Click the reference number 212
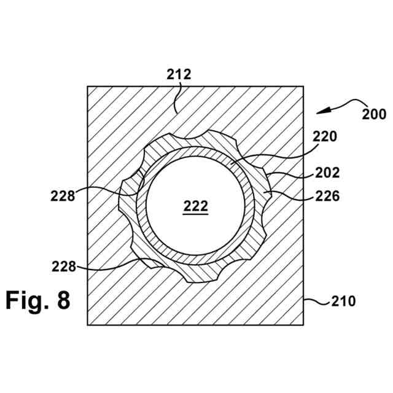[179, 75]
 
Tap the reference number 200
[373, 114]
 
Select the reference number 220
[325, 137]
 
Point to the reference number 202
[327, 173]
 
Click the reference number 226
[327, 196]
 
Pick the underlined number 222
[196, 207]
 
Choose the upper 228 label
[63, 196]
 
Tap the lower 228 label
[63, 267]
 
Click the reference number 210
[343, 302]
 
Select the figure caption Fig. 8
[38, 300]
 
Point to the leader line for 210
[316, 300]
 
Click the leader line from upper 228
[107, 189]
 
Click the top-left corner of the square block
[88, 86]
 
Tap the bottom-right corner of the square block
[305, 325]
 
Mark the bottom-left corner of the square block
[88, 325]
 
